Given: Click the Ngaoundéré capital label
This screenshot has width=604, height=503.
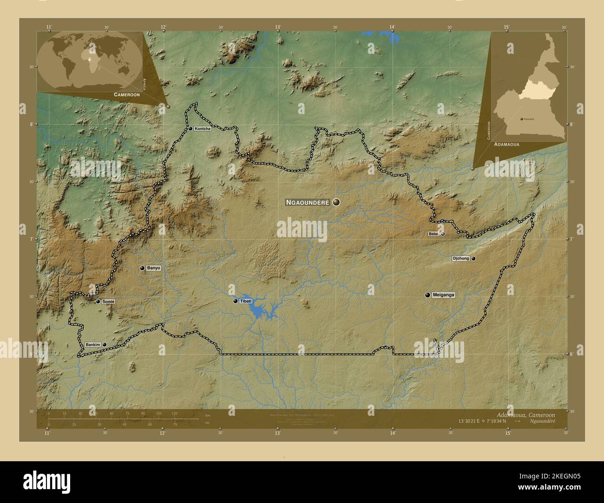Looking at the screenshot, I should (307, 202).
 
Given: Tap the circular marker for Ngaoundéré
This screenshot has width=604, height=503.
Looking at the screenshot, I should (336, 202).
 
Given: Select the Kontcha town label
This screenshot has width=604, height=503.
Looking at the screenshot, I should (203, 129).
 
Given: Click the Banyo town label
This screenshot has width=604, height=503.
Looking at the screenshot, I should (153, 268).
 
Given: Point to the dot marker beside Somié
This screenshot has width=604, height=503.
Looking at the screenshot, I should (98, 302).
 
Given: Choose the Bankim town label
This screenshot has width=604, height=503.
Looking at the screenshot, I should (93, 344).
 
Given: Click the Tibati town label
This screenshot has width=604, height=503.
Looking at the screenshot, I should (245, 301).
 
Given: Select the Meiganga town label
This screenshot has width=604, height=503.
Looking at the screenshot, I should (443, 295).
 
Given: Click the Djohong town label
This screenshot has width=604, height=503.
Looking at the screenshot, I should (460, 258).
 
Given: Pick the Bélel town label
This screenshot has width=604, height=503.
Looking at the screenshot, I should (433, 234).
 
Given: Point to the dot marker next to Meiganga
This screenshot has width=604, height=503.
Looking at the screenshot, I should (427, 295).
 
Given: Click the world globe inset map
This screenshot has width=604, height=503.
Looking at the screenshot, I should (89, 62).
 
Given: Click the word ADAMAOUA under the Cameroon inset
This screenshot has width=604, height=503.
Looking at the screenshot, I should (507, 145).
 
